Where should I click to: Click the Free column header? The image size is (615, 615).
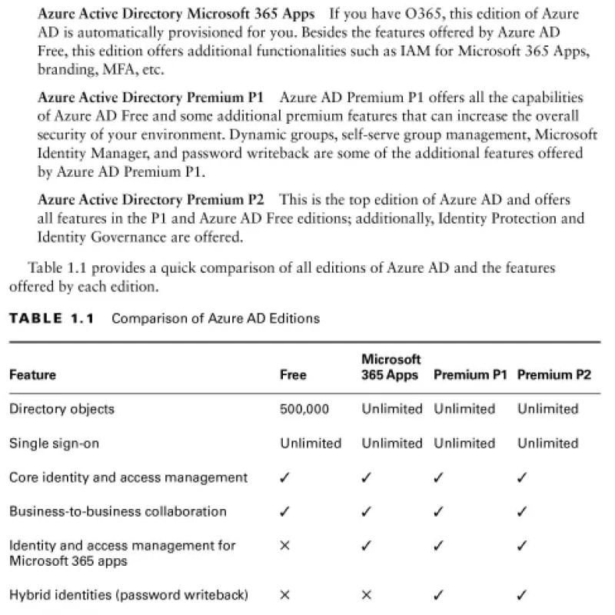click(293, 375)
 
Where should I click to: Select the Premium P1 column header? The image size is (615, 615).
click(470, 375)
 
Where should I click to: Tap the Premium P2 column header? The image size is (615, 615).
click(554, 375)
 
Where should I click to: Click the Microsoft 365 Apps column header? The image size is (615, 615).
click(391, 367)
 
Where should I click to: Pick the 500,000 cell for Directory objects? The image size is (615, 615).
click(304, 409)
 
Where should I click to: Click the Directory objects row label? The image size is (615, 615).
click(61, 409)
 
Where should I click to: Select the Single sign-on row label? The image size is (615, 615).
click(54, 444)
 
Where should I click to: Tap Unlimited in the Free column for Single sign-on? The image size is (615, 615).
click(311, 444)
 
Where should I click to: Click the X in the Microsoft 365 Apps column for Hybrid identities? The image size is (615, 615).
click(367, 594)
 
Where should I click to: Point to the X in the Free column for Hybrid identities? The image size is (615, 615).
click(285, 594)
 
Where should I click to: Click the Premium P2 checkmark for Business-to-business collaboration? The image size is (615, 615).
click(522, 511)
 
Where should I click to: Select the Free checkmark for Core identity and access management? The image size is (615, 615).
click(285, 477)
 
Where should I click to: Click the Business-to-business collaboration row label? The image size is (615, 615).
click(118, 511)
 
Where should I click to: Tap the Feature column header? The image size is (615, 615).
click(32, 375)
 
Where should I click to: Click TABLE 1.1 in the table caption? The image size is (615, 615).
click(51, 318)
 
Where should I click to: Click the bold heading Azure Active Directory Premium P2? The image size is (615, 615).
click(150, 200)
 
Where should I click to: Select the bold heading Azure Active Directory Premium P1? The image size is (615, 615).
click(150, 98)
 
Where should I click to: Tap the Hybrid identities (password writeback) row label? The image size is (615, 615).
click(128, 594)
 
